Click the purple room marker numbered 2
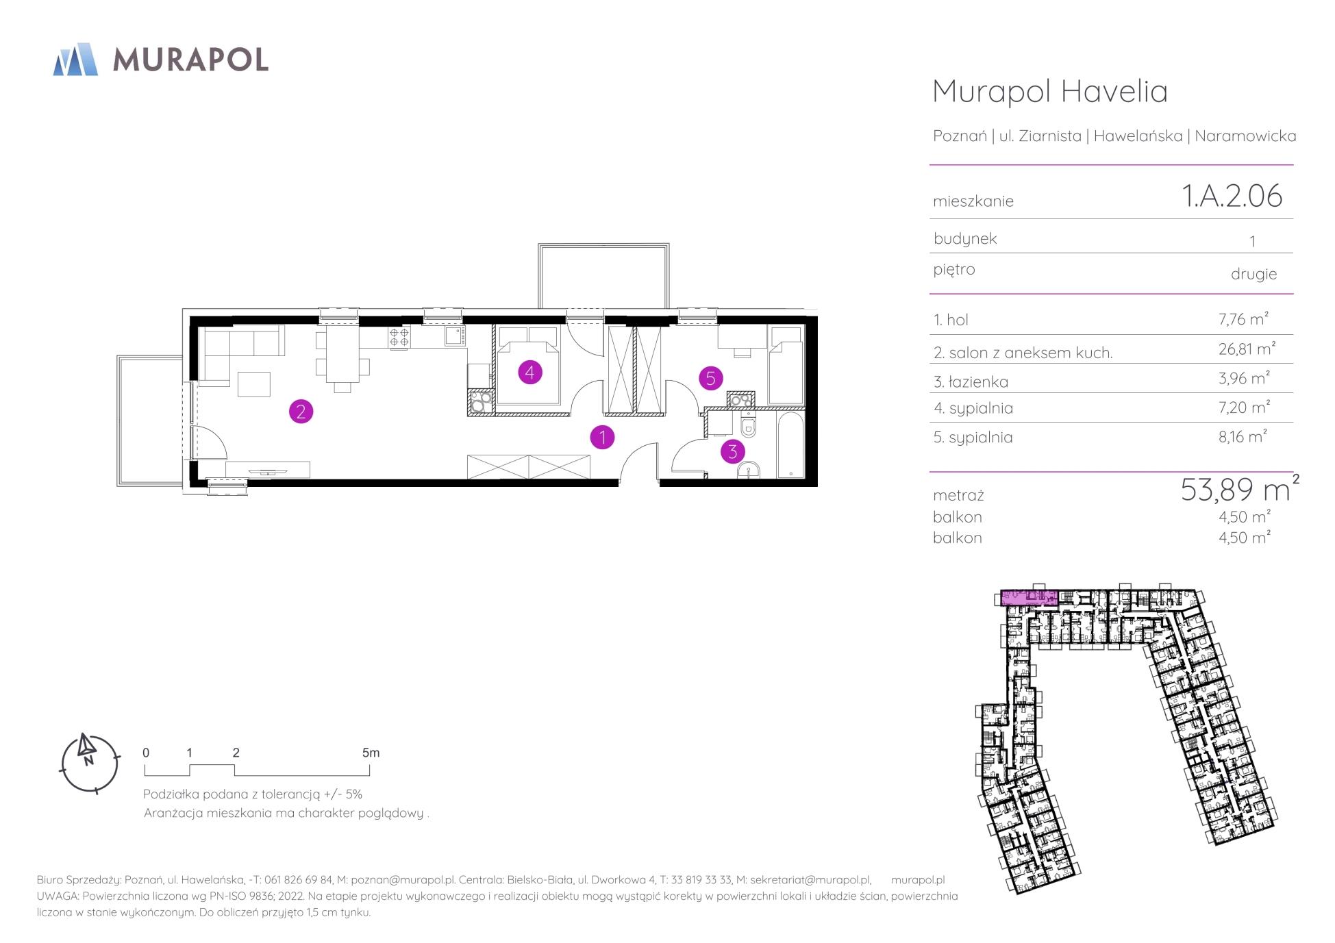coord(301,412)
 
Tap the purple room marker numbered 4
coord(530,373)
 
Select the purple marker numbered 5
coord(710,377)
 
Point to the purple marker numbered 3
coord(733,451)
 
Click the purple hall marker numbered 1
coord(602,437)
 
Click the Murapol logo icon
coord(75,59)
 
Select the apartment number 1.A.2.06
coord(1232,196)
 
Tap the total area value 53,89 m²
coord(1240,488)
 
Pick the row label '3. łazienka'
coord(971,381)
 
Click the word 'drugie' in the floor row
coord(1253,274)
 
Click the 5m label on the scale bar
coord(371,753)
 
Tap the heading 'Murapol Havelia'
coord(1050,91)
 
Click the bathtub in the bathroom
coord(790,444)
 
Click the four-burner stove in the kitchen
coord(399,336)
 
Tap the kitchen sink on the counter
coord(453,336)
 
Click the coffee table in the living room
coord(253,384)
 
